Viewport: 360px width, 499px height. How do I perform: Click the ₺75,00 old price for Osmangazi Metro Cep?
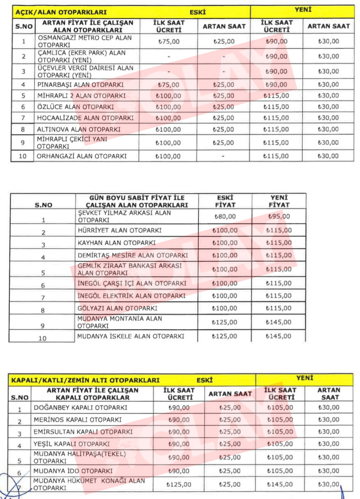169,41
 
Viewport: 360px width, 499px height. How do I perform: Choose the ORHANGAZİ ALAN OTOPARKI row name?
82,156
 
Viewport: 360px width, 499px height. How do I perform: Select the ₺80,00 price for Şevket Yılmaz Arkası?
225,216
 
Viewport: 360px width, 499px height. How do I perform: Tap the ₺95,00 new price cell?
279,216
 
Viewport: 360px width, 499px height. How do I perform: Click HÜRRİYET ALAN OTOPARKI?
119,230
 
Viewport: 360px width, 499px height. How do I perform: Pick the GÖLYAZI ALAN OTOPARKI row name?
117,308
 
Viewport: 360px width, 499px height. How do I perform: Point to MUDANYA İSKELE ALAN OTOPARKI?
130,336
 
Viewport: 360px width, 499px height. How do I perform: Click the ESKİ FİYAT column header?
225,201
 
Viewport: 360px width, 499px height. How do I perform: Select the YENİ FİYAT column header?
279,201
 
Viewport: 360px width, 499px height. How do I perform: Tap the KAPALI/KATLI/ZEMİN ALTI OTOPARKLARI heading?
85,380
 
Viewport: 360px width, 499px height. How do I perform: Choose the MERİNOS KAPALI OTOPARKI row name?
77,420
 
